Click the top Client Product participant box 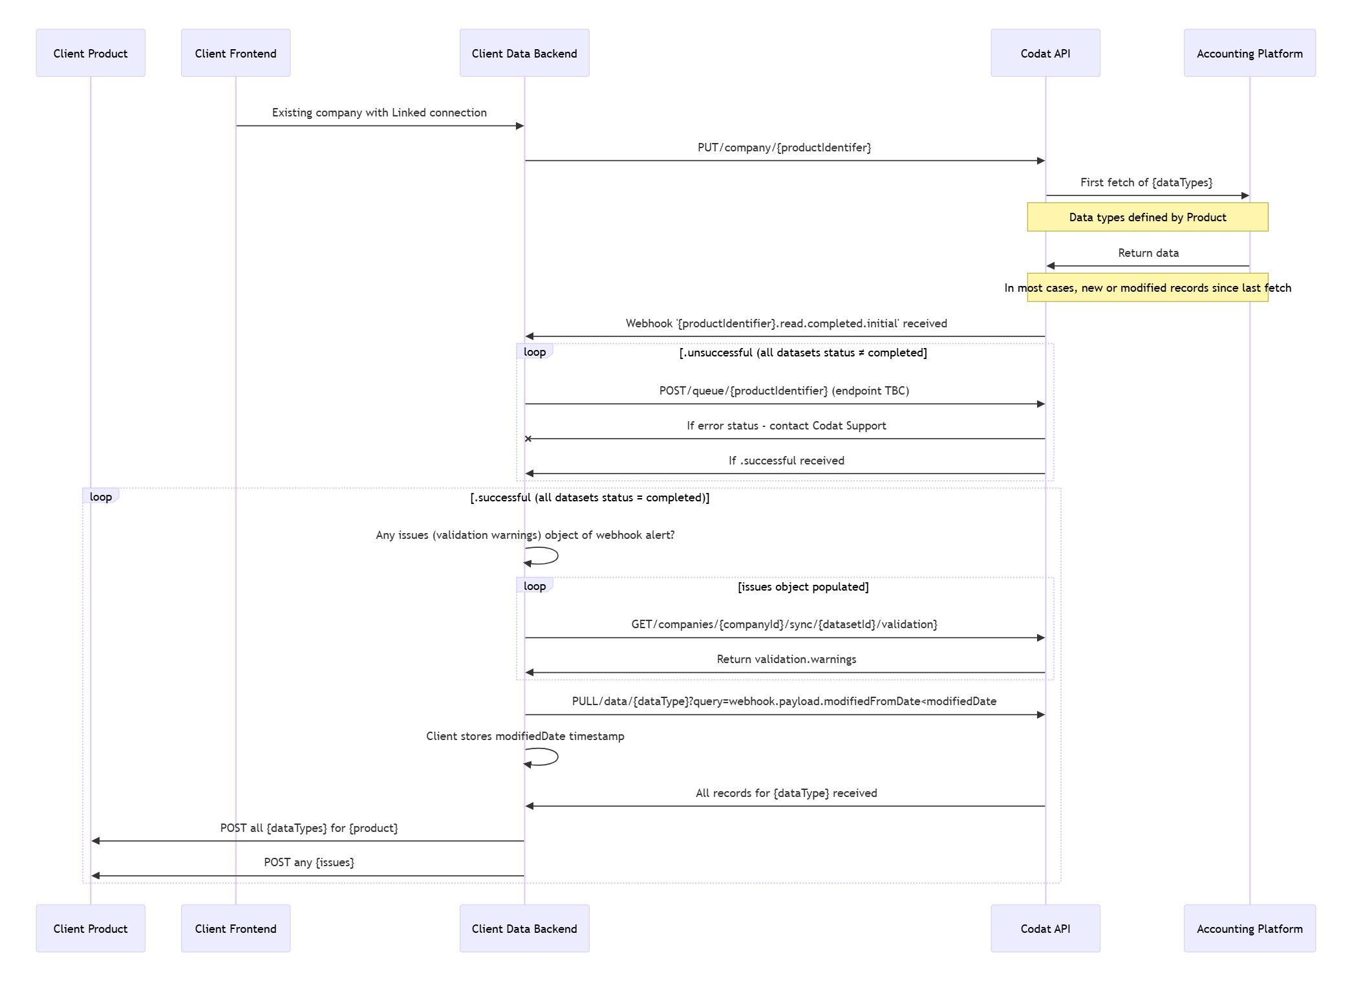tap(91, 53)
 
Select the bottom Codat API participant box tap(1045, 928)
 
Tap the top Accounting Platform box tap(1249, 53)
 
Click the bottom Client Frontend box tap(235, 928)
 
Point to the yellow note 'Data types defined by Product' tap(1147, 217)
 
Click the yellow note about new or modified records tap(1147, 288)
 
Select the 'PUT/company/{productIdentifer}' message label tap(784, 147)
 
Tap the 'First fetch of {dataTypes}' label tap(1146, 182)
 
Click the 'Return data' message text tap(1148, 253)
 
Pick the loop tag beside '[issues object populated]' tap(534, 586)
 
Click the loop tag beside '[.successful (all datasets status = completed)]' tap(100, 497)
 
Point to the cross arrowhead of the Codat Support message tap(528, 439)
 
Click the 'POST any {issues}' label tap(308, 862)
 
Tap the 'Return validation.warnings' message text tap(786, 659)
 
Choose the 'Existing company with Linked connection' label tap(379, 113)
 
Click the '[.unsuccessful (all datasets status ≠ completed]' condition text tap(802, 353)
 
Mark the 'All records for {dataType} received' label tap(786, 793)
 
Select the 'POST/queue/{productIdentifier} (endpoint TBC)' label tap(784, 391)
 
